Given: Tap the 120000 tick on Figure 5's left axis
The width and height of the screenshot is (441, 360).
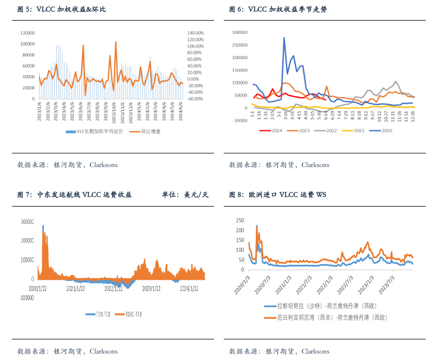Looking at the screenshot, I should point(28,33).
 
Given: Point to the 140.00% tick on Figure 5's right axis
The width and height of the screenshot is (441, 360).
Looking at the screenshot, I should point(195,33).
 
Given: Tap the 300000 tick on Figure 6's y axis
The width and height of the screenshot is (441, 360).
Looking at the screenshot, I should point(239,32).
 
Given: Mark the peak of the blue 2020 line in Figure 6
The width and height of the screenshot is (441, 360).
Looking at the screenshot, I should point(284,38).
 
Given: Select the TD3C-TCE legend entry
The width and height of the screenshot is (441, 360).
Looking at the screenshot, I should point(134,314).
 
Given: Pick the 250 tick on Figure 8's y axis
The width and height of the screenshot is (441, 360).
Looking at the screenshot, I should point(239,220).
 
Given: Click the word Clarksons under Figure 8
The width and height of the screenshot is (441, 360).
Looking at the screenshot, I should point(315,351).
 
